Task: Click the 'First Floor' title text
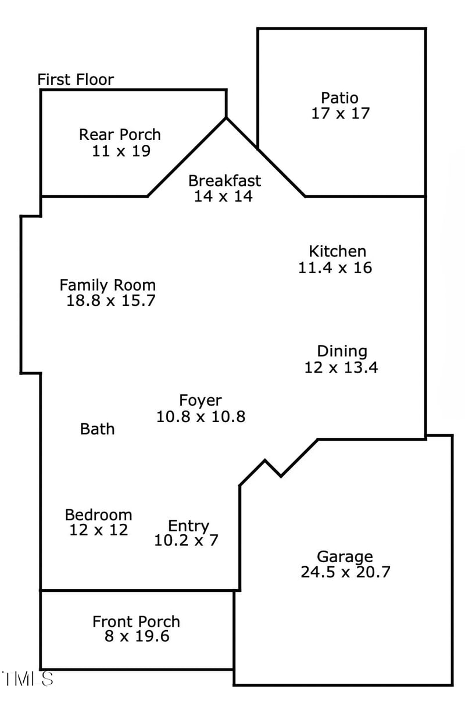(x=76, y=80)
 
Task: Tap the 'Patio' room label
(x=340, y=98)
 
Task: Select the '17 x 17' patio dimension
(x=340, y=113)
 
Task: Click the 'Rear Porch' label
(x=120, y=135)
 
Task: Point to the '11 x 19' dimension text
(x=121, y=151)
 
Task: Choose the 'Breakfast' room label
(x=224, y=181)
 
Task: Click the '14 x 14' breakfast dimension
(x=223, y=196)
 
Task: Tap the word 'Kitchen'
(x=337, y=251)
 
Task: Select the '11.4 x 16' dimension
(x=335, y=267)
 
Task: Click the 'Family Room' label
(x=108, y=285)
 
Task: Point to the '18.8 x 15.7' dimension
(x=110, y=301)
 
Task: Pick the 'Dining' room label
(x=342, y=351)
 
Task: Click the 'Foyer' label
(x=200, y=401)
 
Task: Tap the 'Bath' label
(x=97, y=429)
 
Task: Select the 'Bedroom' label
(x=98, y=515)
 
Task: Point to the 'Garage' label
(x=345, y=556)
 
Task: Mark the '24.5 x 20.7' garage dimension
(x=345, y=572)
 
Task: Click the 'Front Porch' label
(x=136, y=621)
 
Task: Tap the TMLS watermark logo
(x=28, y=678)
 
